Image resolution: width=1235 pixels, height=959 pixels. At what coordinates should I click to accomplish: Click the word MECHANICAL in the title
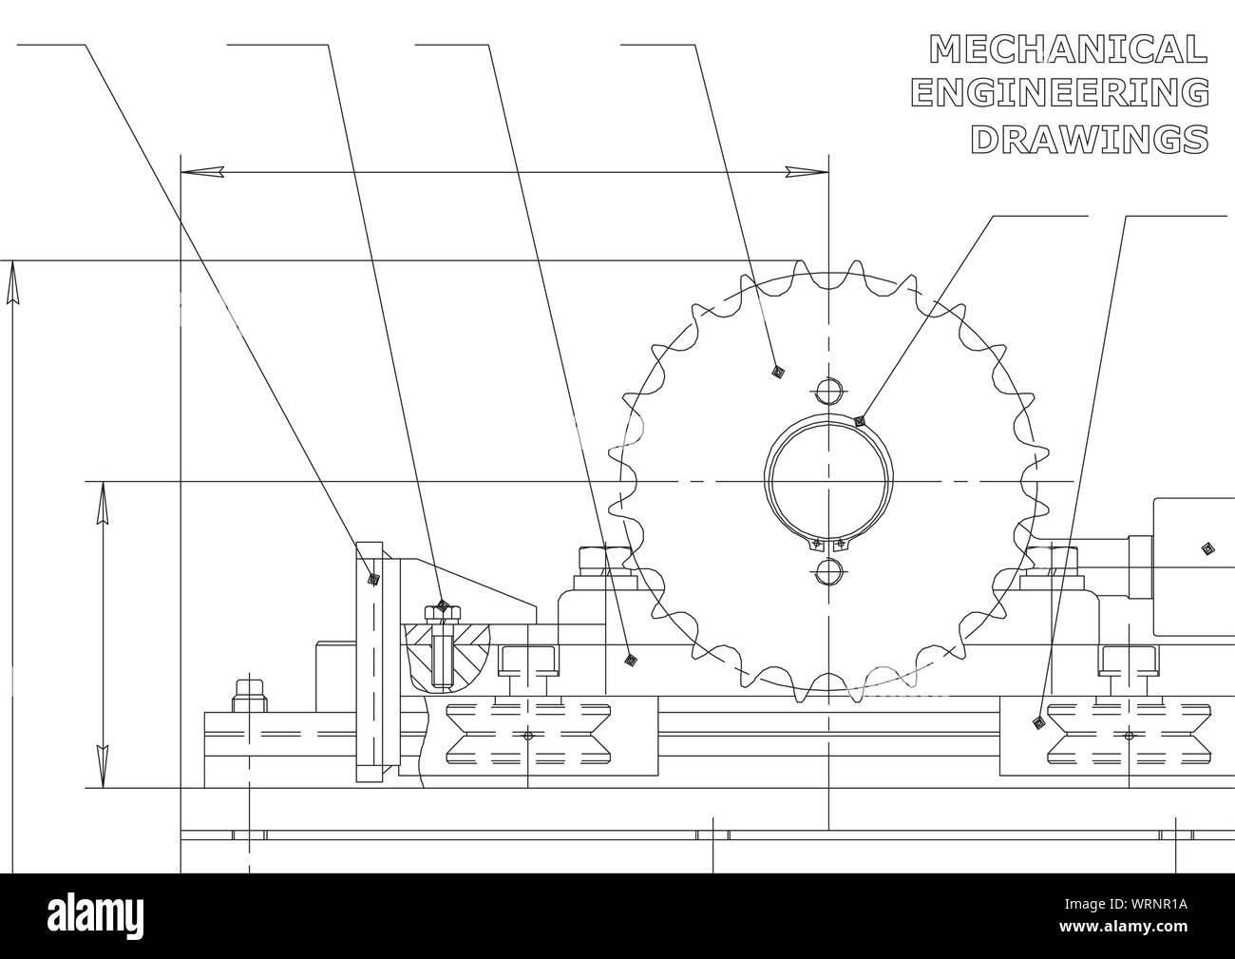coord(1069,48)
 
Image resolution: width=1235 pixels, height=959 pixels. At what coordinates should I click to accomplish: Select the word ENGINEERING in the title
coord(1059,93)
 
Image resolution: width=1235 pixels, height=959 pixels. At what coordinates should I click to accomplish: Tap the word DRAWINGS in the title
coord(1090,139)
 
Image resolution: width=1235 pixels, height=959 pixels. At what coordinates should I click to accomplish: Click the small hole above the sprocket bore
coord(828,391)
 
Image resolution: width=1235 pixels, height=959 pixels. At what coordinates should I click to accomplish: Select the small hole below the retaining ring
coord(828,571)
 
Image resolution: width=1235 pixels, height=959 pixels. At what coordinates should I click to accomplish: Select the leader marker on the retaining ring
coord(859,420)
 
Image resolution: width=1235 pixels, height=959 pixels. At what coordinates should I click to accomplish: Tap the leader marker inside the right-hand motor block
coord(1206,547)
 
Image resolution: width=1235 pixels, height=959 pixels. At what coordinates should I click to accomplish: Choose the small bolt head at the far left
coord(248,686)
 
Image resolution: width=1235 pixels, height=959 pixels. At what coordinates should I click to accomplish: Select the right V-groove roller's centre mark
coord(1129,736)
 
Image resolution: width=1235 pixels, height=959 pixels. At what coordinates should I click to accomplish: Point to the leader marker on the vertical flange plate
coord(373,578)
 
